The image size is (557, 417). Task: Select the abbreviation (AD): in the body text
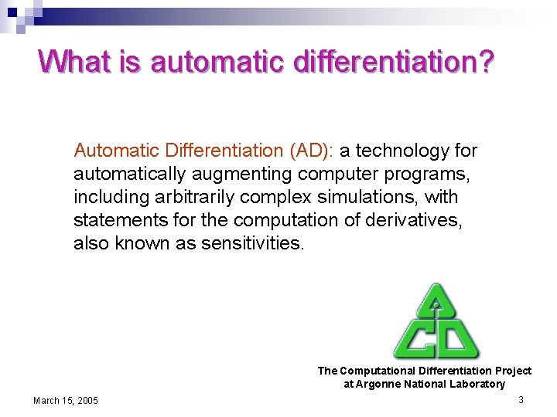click(307, 151)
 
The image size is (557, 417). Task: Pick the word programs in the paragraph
click(427, 174)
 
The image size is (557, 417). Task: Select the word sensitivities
click(253, 243)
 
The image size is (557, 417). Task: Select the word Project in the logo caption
click(513, 371)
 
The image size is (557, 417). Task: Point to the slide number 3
click(521, 399)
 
